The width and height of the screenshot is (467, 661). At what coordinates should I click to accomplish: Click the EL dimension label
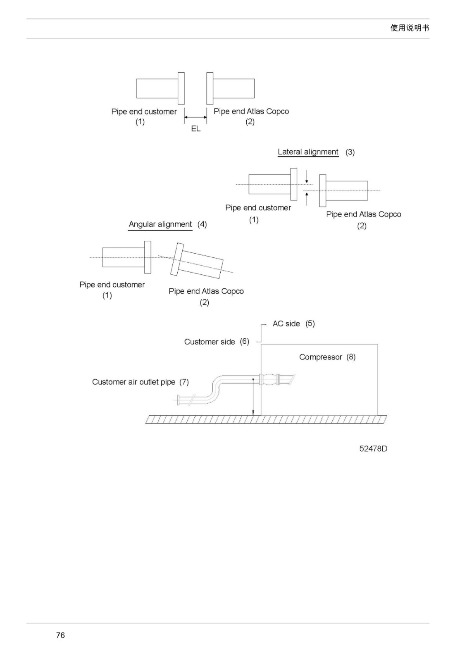(195, 128)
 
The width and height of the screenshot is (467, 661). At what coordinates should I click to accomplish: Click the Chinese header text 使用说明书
(410, 28)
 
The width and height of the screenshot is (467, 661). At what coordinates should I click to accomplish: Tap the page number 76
(60, 635)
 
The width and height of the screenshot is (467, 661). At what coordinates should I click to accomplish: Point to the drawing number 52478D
(373, 449)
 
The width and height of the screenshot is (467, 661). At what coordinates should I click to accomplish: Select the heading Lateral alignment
(308, 152)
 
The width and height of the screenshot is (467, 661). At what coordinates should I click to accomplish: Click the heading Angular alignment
(160, 224)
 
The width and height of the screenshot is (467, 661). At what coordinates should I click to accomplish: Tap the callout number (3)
(350, 152)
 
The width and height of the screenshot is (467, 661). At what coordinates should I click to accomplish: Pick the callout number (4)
(202, 224)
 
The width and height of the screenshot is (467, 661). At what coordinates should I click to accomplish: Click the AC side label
(286, 324)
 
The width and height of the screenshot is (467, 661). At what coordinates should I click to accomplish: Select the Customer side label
(210, 342)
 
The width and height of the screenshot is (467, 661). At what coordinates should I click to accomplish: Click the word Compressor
(321, 357)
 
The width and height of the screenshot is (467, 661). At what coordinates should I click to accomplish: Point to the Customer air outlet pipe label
(134, 382)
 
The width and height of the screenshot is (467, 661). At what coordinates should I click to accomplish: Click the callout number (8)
(351, 357)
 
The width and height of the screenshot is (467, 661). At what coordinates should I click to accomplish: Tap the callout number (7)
(184, 382)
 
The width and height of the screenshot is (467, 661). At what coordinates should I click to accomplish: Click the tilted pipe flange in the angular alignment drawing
(177, 259)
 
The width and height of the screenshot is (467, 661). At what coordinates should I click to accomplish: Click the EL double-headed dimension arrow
(195, 117)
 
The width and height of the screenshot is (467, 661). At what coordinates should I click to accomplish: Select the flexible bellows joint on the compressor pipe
(269, 379)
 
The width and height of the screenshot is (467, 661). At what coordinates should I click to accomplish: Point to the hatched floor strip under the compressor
(266, 419)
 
